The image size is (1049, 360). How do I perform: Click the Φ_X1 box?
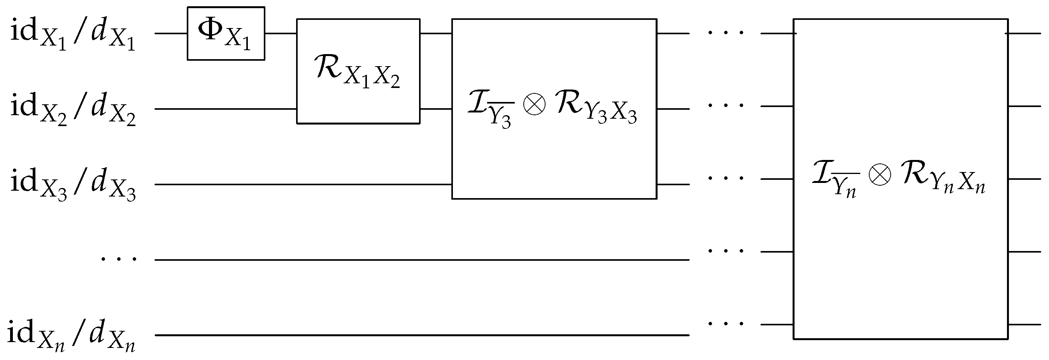pyautogui.click(x=226, y=33)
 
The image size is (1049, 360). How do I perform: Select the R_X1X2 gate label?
pyautogui.click(x=358, y=71)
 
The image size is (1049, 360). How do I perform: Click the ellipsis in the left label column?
pyautogui.click(x=119, y=258)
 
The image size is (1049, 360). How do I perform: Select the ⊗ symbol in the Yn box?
pyautogui.click(x=880, y=176)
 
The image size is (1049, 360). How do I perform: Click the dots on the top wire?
pyautogui.click(x=726, y=33)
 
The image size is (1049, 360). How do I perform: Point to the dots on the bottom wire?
pyautogui.click(x=726, y=324)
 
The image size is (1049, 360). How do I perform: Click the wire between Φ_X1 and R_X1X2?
pyautogui.click(x=281, y=33)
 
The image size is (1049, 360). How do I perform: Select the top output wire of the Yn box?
pyautogui.click(x=1024, y=33)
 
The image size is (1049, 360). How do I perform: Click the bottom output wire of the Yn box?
pyautogui.click(x=1024, y=325)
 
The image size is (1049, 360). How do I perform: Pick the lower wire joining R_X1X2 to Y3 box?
pyautogui.click(x=436, y=109)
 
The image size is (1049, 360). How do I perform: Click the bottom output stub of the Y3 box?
pyautogui.click(x=673, y=184)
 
